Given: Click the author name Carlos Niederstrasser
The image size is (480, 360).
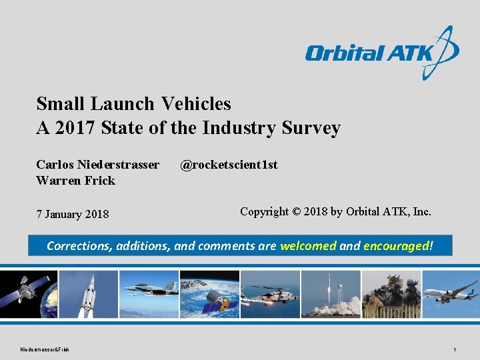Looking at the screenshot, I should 98,165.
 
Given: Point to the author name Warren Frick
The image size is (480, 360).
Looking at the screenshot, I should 75,181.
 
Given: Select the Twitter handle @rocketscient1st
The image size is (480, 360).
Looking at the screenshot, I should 229,165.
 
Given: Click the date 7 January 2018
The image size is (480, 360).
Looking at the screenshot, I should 73,214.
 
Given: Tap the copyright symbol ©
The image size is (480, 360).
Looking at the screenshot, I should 296,212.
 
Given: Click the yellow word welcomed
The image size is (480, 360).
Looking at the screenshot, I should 308,246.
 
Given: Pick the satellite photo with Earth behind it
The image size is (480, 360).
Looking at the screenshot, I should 29,294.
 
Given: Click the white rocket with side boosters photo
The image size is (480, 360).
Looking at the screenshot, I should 89,294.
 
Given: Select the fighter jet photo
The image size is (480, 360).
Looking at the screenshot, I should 150,294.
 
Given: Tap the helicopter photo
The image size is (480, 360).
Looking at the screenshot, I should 270,294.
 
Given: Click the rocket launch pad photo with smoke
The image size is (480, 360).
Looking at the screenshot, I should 330,294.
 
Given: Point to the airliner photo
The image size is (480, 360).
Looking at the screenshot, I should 451,294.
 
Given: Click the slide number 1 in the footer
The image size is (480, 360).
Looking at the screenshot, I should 454,349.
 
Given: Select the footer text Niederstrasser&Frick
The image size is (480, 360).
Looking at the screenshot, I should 45,349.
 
